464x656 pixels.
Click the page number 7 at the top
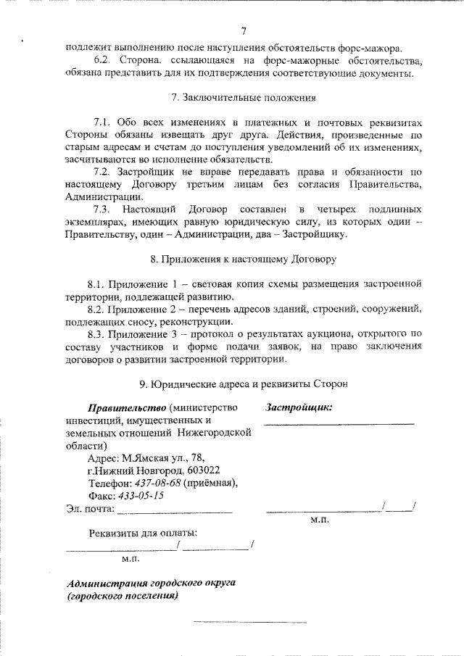click(244, 30)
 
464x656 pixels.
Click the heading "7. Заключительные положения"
click(244, 97)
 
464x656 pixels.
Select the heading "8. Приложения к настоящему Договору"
click(243, 257)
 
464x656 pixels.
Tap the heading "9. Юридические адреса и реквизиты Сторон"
click(243, 383)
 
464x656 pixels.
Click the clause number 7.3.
click(104, 209)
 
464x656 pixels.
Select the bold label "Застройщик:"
click(299, 407)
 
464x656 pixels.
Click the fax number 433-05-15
click(141, 496)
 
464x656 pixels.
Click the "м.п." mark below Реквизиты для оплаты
click(130, 559)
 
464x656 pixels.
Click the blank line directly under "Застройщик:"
click(339, 422)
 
